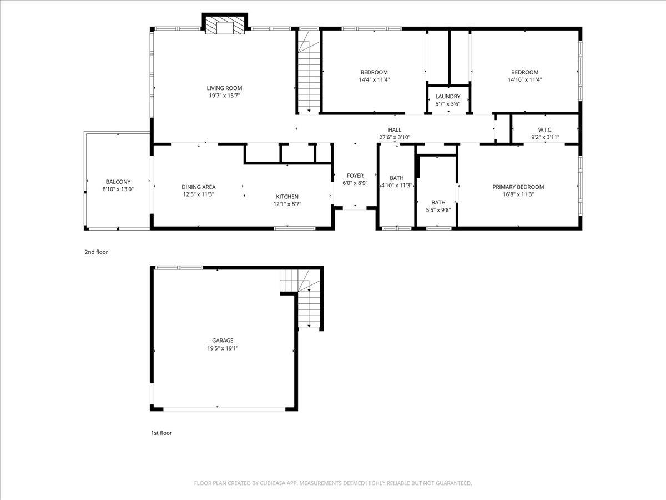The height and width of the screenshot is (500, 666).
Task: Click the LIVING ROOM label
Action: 224,88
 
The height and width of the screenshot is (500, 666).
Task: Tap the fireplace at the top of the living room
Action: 224,25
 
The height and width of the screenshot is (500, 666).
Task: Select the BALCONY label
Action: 118,182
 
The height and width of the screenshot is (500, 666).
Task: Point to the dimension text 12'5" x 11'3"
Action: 198,194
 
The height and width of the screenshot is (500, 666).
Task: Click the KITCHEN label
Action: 287,197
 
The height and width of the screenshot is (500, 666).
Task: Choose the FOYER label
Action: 355,176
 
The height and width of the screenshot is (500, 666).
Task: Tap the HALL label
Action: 395,129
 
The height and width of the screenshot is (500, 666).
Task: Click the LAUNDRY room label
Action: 447,97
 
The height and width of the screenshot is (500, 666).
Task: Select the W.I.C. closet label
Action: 545,129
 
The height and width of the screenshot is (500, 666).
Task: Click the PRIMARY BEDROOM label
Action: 518,187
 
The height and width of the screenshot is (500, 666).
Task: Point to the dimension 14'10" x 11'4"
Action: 524,79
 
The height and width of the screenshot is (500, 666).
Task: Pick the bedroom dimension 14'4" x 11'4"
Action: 374,79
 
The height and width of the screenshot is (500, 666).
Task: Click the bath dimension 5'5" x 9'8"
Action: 438,210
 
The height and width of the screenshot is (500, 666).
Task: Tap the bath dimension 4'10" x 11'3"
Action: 396,186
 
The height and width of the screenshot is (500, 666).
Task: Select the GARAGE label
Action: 222,341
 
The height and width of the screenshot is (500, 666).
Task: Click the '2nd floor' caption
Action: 96,252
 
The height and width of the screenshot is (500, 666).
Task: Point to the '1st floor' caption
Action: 162,433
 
